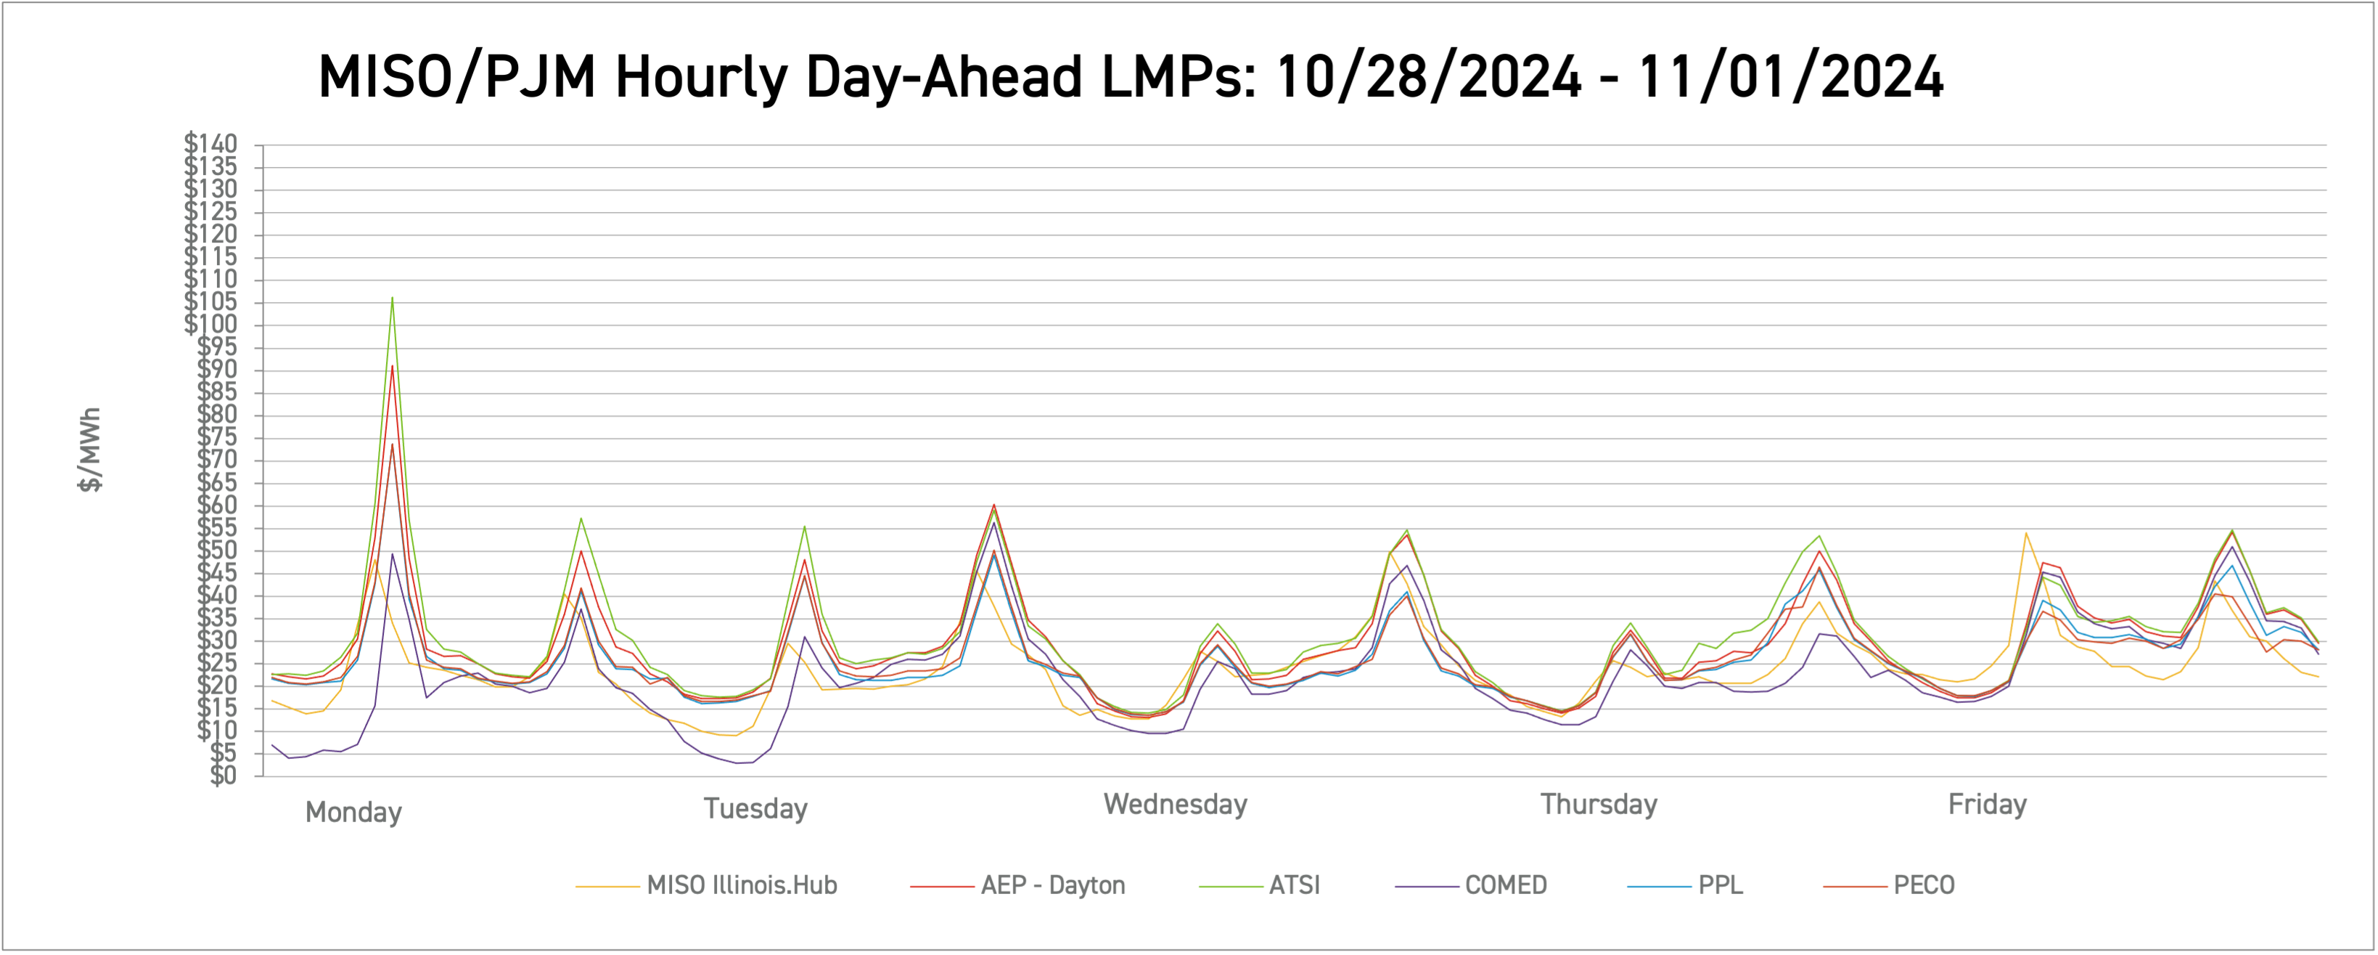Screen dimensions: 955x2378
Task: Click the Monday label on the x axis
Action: pos(353,813)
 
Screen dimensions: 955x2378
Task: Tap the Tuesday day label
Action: pos(755,809)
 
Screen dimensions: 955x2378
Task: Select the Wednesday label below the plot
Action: pos(1175,805)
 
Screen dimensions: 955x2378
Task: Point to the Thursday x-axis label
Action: pos(1598,805)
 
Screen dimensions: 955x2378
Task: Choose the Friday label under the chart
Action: pos(1987,805)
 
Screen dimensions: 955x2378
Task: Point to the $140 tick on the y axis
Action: pos(211,144)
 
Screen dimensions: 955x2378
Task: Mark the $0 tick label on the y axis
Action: pos(223,776)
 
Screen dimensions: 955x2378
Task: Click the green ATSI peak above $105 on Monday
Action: pos(393,298)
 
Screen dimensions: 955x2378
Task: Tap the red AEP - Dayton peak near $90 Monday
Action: pos(393,367)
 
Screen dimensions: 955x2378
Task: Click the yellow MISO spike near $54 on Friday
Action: pos(2025,533)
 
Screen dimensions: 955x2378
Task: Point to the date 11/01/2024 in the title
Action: pos(1790,77)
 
